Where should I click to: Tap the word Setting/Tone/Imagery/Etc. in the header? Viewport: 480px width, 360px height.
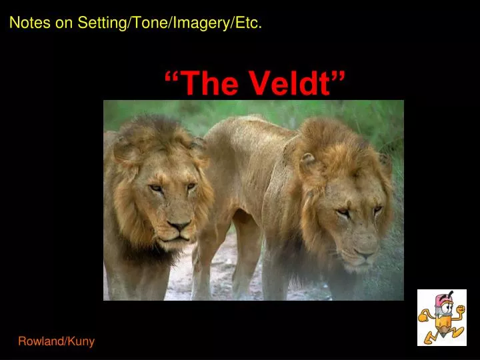(169, 23)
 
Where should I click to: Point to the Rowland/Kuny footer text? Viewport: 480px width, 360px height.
(56, 341)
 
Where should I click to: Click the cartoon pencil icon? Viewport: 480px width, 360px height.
(441, 317)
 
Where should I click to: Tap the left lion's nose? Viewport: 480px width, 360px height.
(179, 226)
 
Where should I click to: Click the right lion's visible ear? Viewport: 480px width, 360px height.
(307, 161)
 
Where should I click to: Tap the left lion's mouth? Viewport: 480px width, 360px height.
(177, 239)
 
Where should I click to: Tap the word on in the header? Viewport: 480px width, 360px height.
(66, 23)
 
